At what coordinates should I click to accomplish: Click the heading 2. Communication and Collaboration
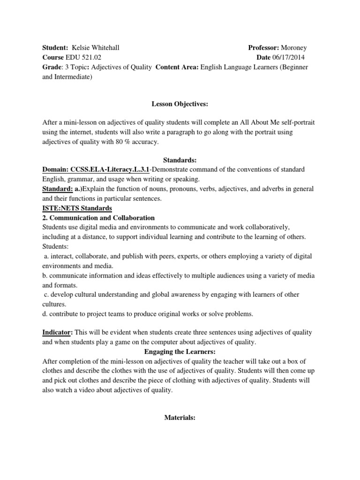[98, 218]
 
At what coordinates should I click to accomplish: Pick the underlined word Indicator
[56, 332]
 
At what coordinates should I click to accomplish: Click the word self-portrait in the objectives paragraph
[297, 122]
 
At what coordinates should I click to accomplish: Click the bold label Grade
[52, 67]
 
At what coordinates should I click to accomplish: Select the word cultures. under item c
[54, 304]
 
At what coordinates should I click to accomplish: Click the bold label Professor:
[264, 48]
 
